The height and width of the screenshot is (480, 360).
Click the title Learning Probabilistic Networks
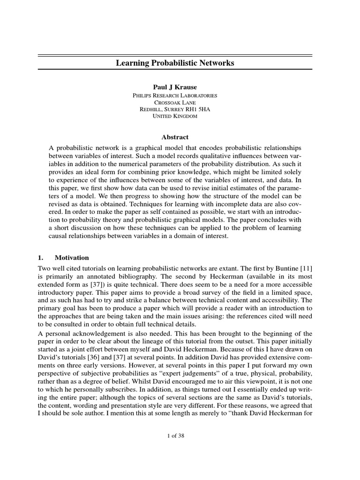tap(175, 62)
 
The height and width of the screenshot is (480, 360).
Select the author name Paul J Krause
tap(175, 87)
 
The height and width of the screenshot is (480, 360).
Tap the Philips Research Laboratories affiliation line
tap(175, 95)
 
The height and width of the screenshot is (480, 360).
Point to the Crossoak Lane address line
tap(175, 102)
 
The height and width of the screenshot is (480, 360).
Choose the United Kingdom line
tap(175, 116)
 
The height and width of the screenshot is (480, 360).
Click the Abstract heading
tap(175, 137)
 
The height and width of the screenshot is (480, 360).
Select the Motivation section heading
tap(72, 258)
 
